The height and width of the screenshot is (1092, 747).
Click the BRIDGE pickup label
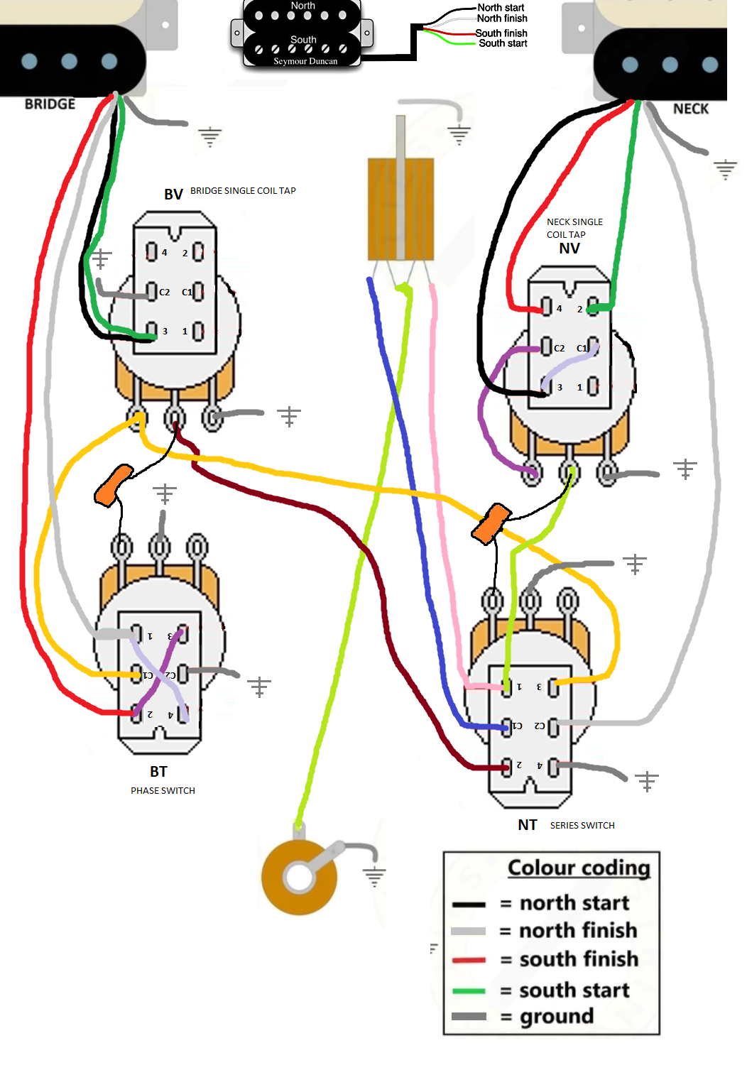pyautogui.click(x=50, y=104)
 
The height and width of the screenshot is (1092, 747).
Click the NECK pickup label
pyautogui.click(x=690, y=109)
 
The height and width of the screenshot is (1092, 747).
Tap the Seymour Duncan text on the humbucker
pyautogui.click(x=305, y=62)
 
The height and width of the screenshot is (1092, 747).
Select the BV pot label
pyautogui.click(x=173, y=195)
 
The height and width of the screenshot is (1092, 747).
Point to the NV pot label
pyautogui.click(x=569, y=249)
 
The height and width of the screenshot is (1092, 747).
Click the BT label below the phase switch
pyautogui.click(x=158, y=772)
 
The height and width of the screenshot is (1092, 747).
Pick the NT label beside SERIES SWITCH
pyautogui.click(x=527, y=825)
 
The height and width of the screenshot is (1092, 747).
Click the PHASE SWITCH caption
pyautogui.click(x=163, y=791)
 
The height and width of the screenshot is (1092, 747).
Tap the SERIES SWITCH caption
pyautogui.click(x=582, y=826)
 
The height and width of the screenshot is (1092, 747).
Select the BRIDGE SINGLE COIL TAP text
pyautogui.click(x=243, y=191)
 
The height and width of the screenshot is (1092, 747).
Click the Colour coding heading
pyautogui.click(x=579, y=868)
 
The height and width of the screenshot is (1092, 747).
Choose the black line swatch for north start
pyautogui.click(x=469, y=905)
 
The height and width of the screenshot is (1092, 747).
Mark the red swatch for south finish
pyautogui.click(x=469, y=960)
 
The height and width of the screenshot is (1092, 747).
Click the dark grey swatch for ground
pyautogui.click(x=469, y=1017)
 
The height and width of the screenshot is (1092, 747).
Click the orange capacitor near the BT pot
pyautogui.click(x=114, y=485)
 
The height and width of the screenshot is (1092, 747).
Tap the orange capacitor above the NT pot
pyautogui.click(x=491, y=524)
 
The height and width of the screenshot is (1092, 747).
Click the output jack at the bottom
pyautogui.click(x=299, y=878)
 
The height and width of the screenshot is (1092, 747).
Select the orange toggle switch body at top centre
pyautogui.click(x=400, y=209)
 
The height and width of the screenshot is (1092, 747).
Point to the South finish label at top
pyautogui.click(x=501, y=33)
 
